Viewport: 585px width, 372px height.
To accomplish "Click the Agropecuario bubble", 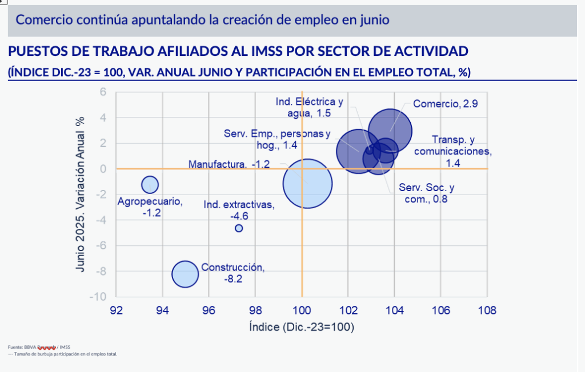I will [x=150, y=184].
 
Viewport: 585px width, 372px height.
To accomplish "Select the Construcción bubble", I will [x=185, y=274].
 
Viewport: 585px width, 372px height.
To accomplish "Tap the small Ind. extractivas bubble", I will [x=239, y=228].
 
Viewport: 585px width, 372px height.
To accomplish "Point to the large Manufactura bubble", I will [x=307, y=184].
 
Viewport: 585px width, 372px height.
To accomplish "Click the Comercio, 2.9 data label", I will [x=437, y=104].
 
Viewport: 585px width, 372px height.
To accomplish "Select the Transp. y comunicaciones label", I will [x=452, y=151].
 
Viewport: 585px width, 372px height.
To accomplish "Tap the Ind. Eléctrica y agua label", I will [x=310, y=108].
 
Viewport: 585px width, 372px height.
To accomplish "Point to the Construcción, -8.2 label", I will [x=233, y=273].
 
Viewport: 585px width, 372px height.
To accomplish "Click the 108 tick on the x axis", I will [x=487, y=310].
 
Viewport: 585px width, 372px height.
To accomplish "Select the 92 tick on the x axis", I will [x=116, y=310].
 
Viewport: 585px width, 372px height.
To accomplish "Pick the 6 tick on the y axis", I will [x=103, y=92].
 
